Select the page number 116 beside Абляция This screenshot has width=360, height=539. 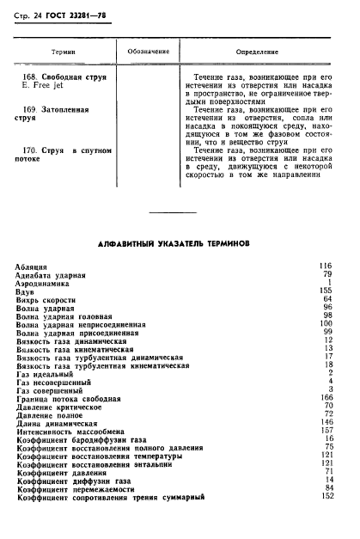pos(325,266)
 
